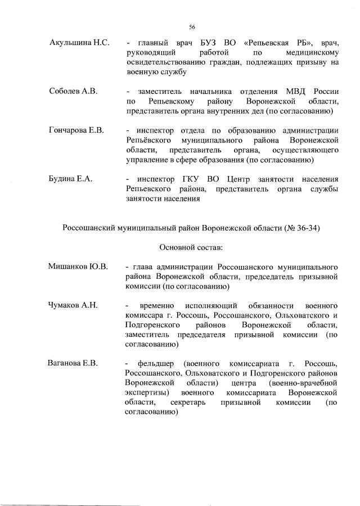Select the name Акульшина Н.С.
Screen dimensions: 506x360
[79, 43]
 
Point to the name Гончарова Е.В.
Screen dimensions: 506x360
[77, 130]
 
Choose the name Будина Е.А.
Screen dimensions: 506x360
[71, 179]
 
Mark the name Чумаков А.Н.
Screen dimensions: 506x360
[74, 305]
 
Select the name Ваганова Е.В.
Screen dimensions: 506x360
[73, 363]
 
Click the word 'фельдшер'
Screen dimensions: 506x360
[154, 363]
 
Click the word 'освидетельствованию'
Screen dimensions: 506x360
[168, 62]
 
